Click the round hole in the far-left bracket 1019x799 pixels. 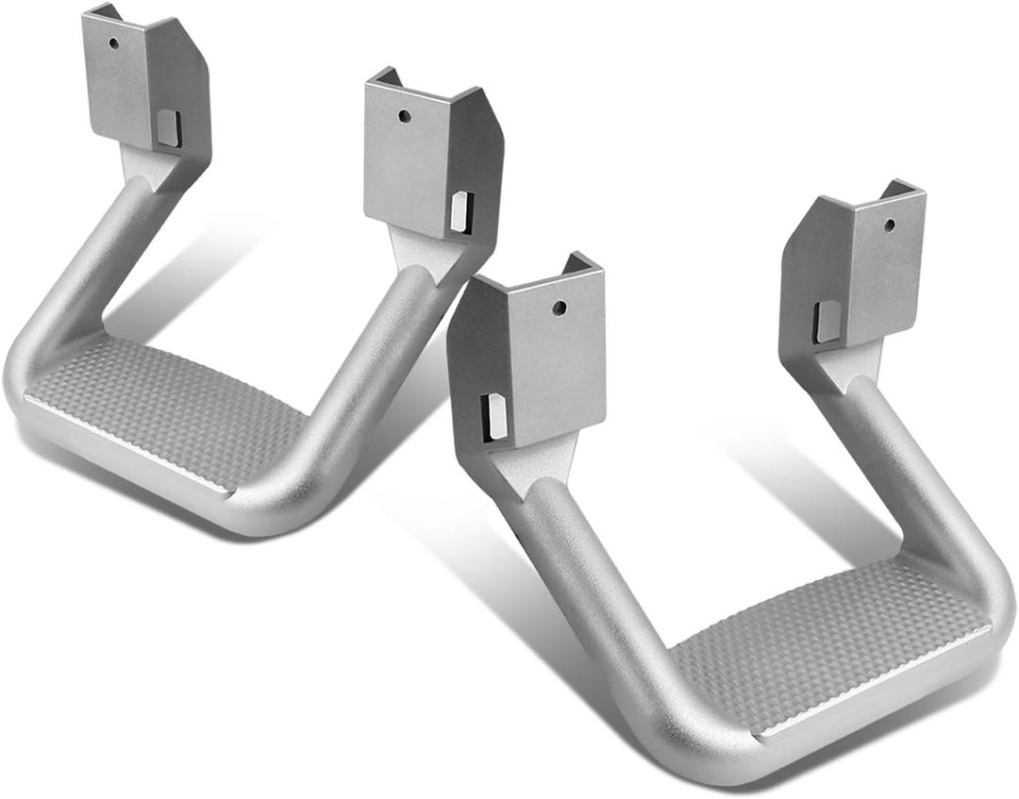[x=113, y=43]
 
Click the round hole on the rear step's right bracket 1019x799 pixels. [x=404, y=116]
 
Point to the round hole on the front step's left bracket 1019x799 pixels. [x=560, y=308]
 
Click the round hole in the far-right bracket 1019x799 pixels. [x=889, y=225]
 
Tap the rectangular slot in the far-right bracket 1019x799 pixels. [x=827, y=321]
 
